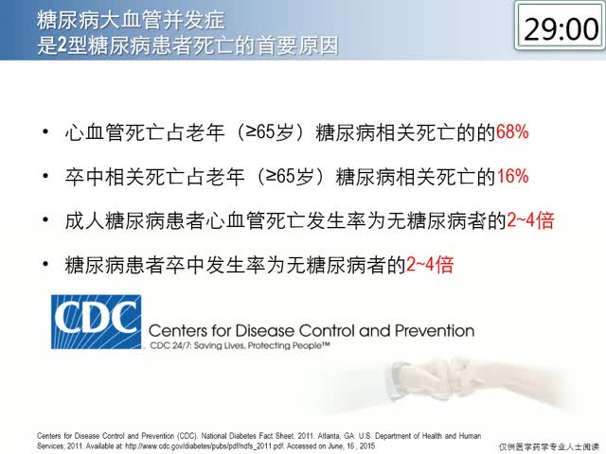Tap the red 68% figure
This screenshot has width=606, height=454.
point(512,132)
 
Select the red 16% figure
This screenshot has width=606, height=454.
point(512,176)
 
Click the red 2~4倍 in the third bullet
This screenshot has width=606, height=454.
point(530,220)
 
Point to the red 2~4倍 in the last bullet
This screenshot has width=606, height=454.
point(430,265)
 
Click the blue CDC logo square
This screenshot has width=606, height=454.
point(97,322)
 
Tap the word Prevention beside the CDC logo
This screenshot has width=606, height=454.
point(435,331)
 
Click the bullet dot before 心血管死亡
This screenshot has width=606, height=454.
point(45,132)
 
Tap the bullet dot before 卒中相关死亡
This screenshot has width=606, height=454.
point(45,176)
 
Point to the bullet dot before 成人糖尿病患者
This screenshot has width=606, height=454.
point(45,220)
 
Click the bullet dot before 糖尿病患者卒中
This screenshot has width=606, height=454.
point(45,265)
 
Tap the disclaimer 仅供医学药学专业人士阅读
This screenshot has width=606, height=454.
point(549,447)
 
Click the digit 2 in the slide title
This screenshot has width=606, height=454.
point(62,45)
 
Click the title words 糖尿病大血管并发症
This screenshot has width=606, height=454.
point(131,20)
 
